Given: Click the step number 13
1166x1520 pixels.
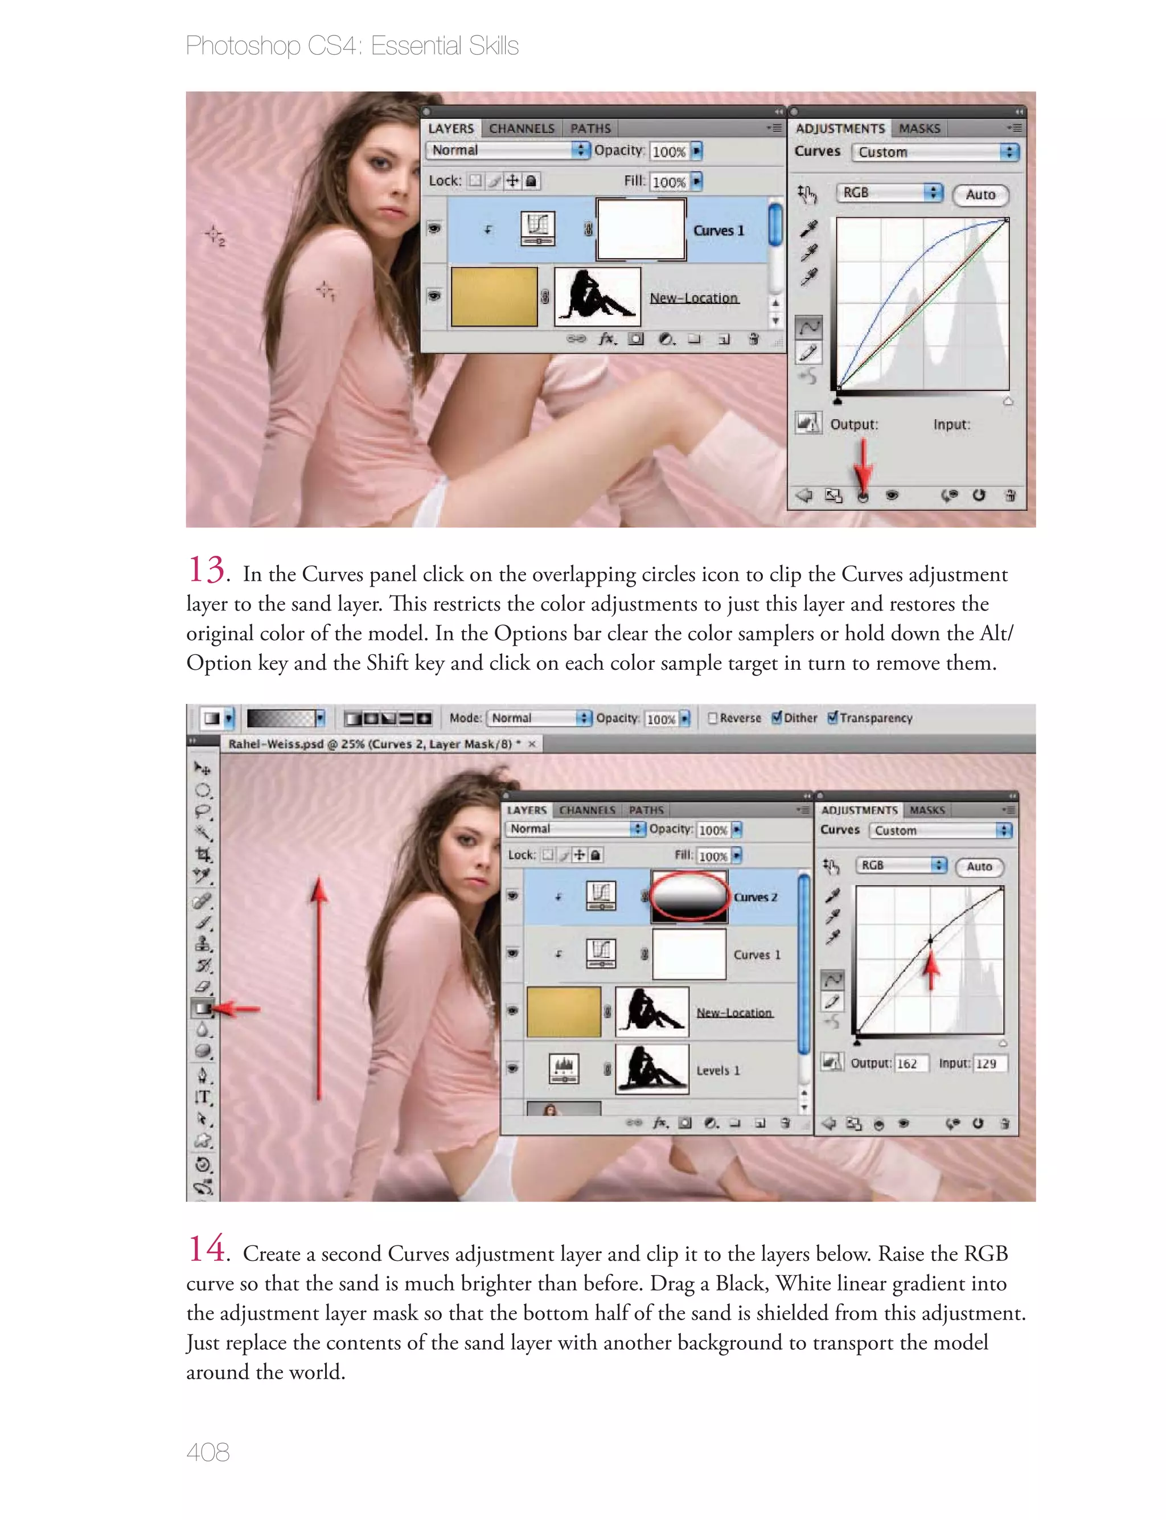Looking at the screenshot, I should [206, 570].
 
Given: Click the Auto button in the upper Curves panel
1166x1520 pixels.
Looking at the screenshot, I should [980, 195].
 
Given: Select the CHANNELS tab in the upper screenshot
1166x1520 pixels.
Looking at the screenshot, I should [522, 128].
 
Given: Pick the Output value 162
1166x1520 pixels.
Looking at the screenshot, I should [907, 1063].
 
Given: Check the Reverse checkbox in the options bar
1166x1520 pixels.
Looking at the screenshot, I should [712, 718].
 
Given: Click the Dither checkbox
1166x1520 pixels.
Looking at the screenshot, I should [777, 718].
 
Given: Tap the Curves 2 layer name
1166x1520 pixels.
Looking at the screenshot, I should [755, 897].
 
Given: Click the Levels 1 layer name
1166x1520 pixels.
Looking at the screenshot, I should [717, 1070].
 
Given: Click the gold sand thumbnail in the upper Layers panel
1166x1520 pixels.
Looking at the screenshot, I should [494, 297].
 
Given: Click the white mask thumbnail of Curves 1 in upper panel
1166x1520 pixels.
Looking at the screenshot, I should [641, 230].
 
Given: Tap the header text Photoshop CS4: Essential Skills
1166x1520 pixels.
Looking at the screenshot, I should [352, 46].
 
